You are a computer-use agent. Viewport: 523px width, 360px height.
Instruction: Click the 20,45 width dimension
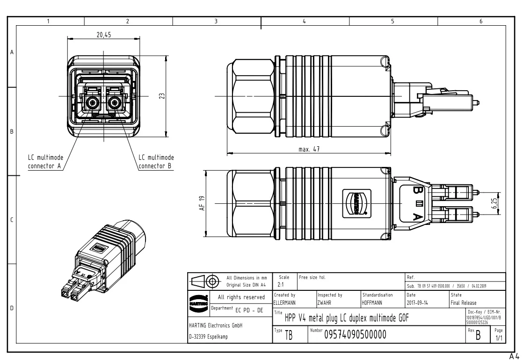104,35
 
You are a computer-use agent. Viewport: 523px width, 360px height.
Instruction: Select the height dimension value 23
161,95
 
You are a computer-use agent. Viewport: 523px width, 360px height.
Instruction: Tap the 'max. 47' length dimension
309,149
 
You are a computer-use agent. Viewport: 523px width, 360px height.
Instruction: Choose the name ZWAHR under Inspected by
325,302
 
